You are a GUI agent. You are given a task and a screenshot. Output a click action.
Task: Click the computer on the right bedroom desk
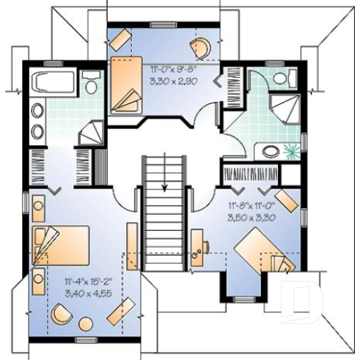pos(196,253)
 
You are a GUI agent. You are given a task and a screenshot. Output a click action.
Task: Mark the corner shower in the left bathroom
pos(90,134)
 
